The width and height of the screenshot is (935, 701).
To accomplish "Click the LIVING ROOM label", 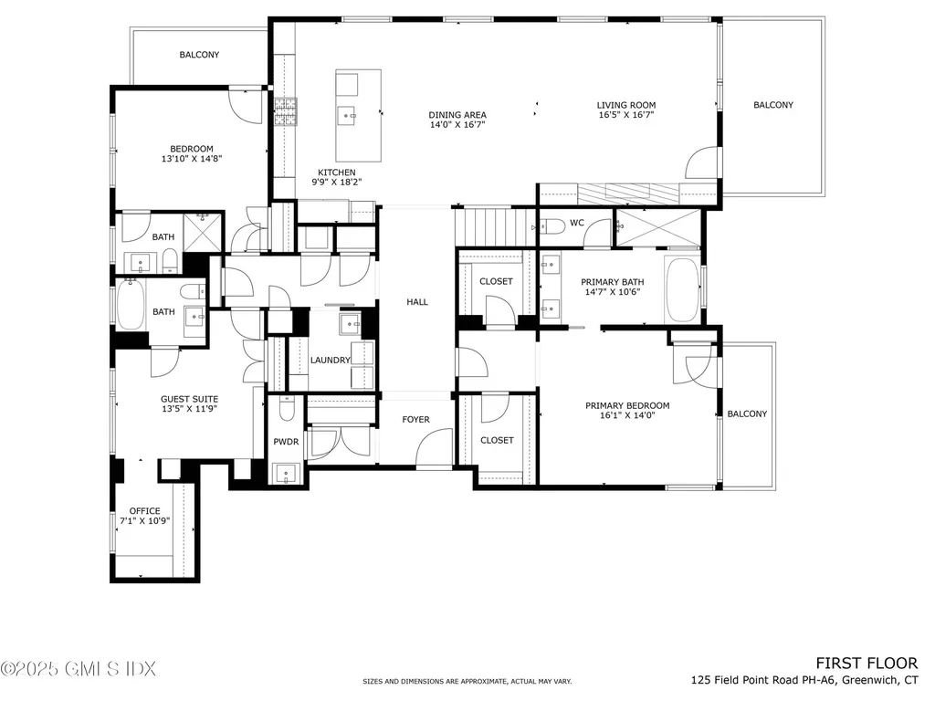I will pyautogui.click(x=626, y=105).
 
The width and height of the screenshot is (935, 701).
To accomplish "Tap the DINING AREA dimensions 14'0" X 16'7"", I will pyautogui.click(x=457, y=125).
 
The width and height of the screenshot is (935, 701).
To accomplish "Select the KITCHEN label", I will pyautogui.click(x=336, y=173).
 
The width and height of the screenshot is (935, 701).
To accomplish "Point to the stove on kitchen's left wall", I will pyautogui.click(x=286, y=111).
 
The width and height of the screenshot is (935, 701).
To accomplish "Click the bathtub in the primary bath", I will pyautogui.click(x=682, y=289).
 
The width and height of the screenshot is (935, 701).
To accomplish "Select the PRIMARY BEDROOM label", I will pyautogui.click(x=626, y=405).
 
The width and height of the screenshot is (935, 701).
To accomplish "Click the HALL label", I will pyautogui.click(x=416, y=302).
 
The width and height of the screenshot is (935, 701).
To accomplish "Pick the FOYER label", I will pyautogui.click(x=415, y=420).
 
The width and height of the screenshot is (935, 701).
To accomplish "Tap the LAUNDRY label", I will pyautogui.click(x=330, y=361).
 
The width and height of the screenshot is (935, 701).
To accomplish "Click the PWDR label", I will pyautogui.click(x=286, y=442).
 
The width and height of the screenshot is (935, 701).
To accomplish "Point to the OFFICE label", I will pyautogui.click(x=144, y=511).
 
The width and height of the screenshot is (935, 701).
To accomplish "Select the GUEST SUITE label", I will pyautogui.click(x=189, y=399).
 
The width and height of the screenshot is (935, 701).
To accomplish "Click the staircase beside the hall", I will pyautogui.click(x=494, y=225).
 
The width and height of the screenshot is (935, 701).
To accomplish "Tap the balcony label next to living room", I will pyautogui.click(x=772, y=105).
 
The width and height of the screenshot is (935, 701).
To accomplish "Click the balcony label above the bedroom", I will pyautogui.click(x=199, y=55).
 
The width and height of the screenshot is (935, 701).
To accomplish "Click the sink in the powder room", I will pyautogui.click(x=286, y=473).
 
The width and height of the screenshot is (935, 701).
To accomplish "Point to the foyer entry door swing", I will pyautogui.click(x=434, y=449).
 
